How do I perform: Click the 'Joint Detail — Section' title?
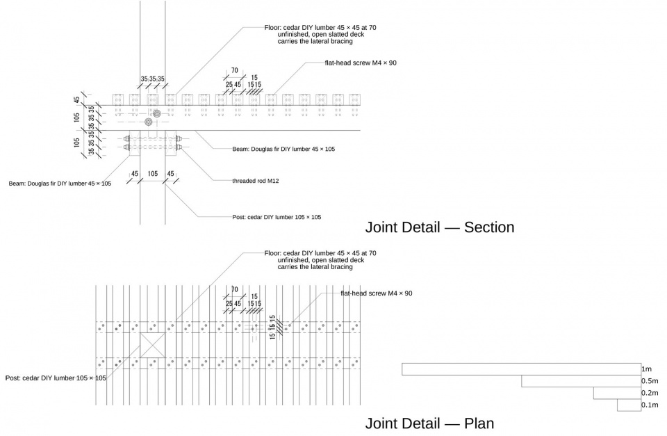(x=440, y=227)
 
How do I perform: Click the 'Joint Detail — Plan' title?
(x=429, y=423)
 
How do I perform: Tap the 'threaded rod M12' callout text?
(x=256, y=181)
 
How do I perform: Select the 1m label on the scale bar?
(x=647, y=369)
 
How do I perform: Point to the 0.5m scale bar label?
(x=650, y=381)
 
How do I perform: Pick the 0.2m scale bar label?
(x=650, y=393)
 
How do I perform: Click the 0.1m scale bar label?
(x=650, y=405)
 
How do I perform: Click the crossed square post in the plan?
(x=152, y=345)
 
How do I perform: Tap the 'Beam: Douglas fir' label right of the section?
(x=283, y=149)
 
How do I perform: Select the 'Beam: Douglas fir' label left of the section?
(x=60, y=184)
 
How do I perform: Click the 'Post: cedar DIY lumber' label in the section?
(x=277, y=217)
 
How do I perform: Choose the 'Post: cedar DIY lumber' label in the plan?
(x=56, y=378)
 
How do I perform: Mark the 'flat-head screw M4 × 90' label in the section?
(x=361, y=63)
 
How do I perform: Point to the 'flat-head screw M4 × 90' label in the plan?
(x=377, y=293)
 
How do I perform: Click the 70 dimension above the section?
(x=234, y=71)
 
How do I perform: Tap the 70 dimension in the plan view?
(x=234, y=290)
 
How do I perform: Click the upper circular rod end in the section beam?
(x=157, y=113)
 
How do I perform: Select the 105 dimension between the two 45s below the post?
(x=153, y=174)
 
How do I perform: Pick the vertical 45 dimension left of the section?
(x=76, y=99)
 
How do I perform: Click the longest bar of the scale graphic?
(x=522, y=369)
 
